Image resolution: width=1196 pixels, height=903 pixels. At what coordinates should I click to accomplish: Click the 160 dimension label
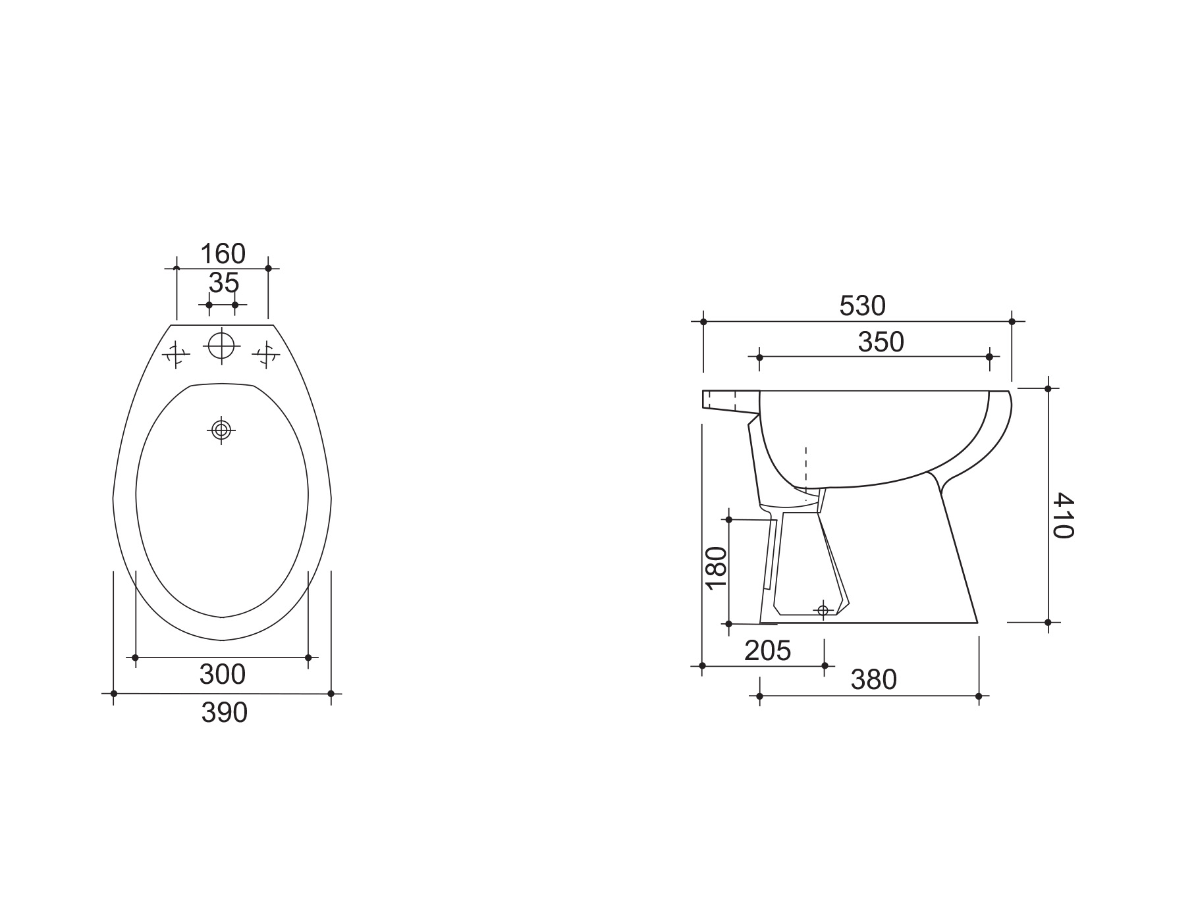223,253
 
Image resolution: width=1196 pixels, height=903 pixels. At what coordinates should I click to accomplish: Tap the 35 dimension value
224,284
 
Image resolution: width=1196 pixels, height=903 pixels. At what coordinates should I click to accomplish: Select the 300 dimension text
223,674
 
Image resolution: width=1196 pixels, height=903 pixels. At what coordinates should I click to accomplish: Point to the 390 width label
225,713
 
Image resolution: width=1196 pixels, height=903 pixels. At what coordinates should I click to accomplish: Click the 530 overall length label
863,306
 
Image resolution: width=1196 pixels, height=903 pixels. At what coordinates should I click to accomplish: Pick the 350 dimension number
881,342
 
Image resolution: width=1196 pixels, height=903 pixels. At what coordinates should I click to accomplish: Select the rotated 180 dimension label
716,568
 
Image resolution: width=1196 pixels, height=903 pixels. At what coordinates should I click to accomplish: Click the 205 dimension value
767,651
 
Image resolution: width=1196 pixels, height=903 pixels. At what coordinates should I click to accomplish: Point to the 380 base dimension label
874,680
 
